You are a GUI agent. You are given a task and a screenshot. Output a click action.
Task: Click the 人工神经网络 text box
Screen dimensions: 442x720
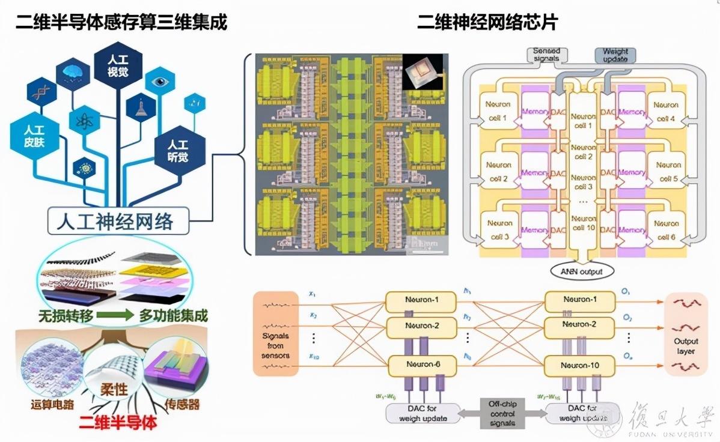coord(118,222)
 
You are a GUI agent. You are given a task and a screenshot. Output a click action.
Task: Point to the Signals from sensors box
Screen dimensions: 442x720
coord(276,333)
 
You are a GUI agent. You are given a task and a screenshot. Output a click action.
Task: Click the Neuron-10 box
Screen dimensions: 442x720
coord(579,365)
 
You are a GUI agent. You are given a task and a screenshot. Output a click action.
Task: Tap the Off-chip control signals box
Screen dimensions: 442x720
coord(502,414)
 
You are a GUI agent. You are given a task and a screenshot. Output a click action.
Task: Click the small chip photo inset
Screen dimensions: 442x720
coord(423,71)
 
